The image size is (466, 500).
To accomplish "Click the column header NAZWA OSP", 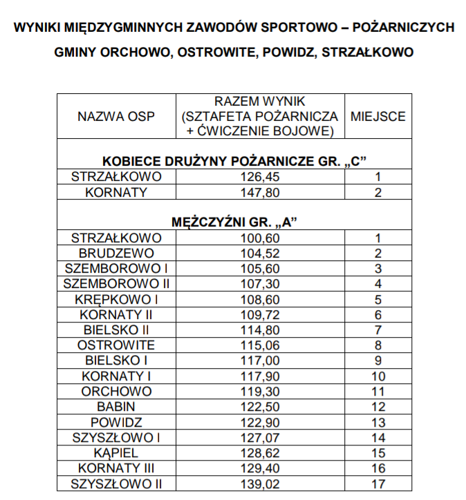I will tap(116, 117).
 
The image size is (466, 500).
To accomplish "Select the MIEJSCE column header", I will tap(378, 117).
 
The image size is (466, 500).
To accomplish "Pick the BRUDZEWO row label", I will tap(116, 253).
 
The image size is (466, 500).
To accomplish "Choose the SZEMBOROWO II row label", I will tap(116, 284).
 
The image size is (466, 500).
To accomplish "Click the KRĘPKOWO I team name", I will tap(116, 299).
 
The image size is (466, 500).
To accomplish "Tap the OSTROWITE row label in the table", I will tap(116, 345).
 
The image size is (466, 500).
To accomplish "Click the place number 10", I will tap(378, 376).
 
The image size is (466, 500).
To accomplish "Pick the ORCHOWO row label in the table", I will tap(116, 392).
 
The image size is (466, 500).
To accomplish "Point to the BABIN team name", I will tap(116, 407).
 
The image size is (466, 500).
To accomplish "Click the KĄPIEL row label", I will tap(116, 453).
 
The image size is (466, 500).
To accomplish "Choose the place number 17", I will tap(378, 483).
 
